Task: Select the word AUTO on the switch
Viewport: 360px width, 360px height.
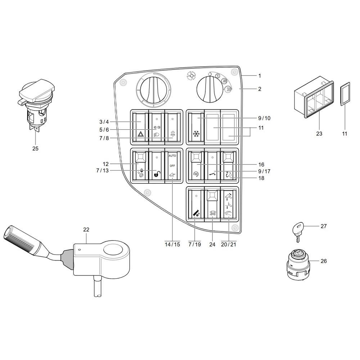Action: point(172,155)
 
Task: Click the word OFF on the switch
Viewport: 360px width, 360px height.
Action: point(172,166)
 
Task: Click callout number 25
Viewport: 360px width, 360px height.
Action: point(35,148)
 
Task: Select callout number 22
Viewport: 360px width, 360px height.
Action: point(86,229)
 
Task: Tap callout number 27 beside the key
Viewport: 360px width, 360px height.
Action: point(324,226)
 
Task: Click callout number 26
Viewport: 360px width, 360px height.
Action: point(324,261)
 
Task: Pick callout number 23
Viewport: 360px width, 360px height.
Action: point(319,134)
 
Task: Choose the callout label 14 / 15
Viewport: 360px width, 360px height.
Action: point(172,244)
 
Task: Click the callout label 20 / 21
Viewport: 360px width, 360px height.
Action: point(229,244)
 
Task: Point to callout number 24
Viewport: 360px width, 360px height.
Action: point(212,244)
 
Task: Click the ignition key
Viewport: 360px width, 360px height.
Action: point(298,230)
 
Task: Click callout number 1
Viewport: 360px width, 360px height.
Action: point(259,76)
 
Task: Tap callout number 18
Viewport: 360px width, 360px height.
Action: point(261,177)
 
